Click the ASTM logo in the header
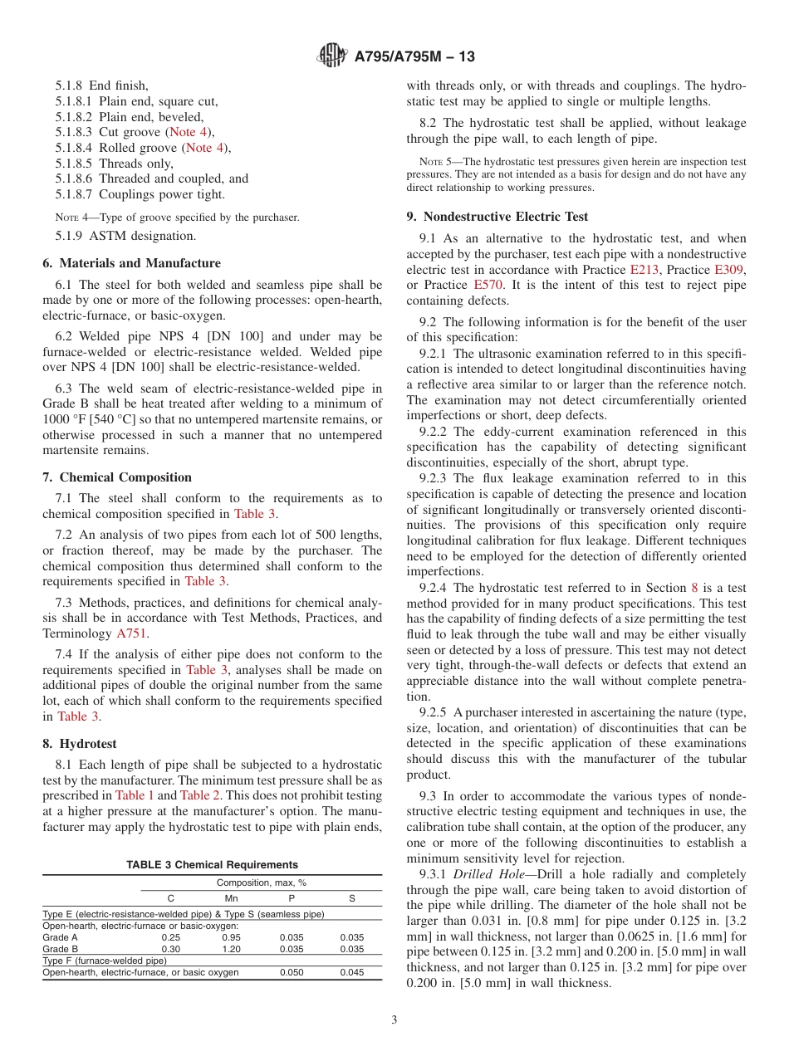coord(332,56)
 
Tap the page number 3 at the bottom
coord(394,1019)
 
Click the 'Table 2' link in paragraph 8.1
coord(199,795)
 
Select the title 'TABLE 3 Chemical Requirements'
coord(212,865)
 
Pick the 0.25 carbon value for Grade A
coord(170,937)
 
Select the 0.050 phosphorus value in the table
coord(292,972)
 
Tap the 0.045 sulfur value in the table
coord(351,972)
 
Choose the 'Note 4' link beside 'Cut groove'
coord(189,132)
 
